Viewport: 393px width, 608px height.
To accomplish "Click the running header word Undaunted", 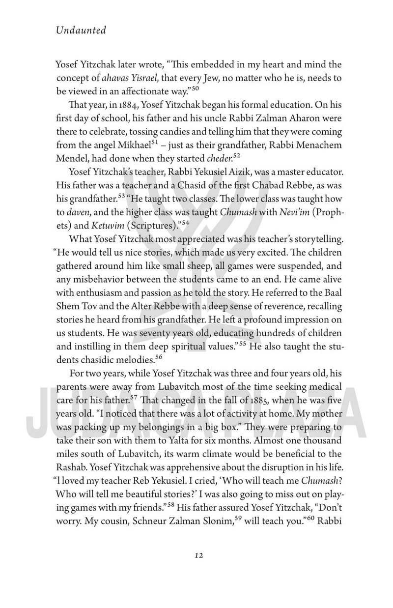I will click(x=81, y=30).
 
